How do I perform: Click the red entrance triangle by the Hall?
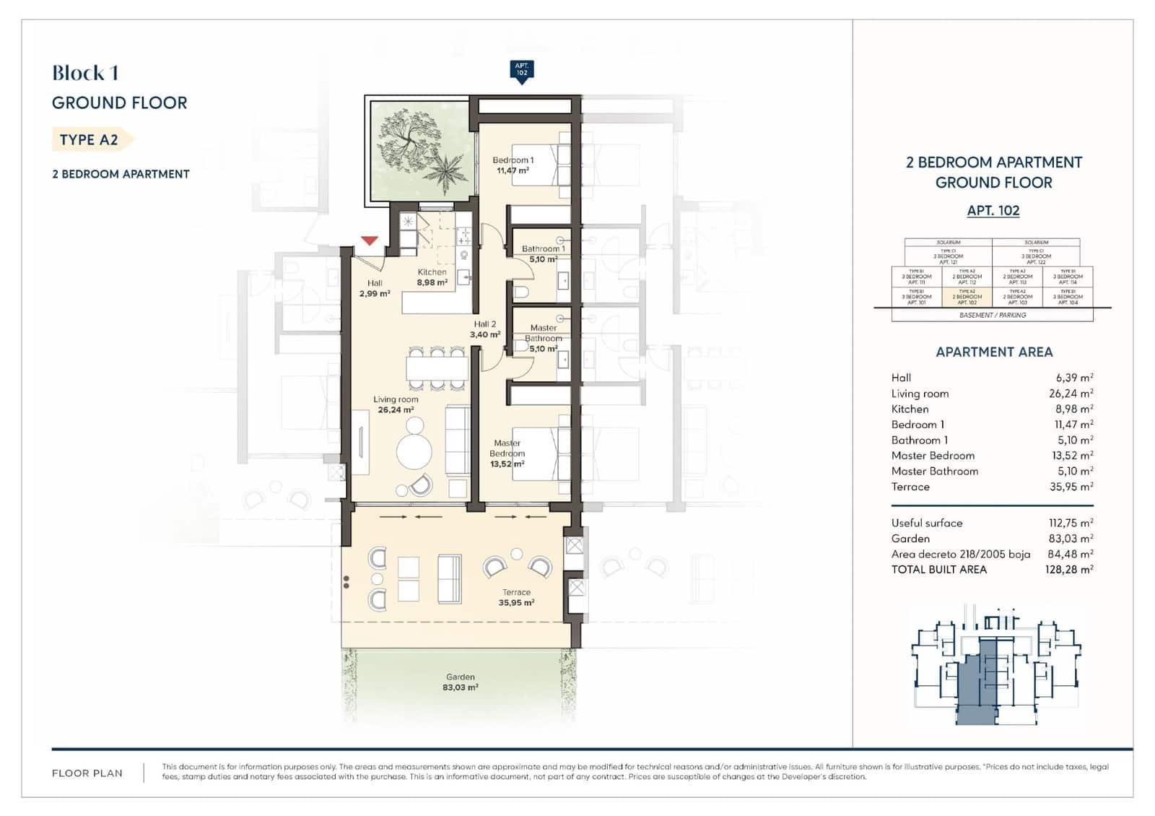tap(370, 240)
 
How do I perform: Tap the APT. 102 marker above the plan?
tap(521, 70)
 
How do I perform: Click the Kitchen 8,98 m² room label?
tap(432, 277)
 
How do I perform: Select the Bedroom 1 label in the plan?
tap(513, 165)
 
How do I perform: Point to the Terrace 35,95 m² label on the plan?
tap(516, 597)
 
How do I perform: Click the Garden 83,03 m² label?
tap(461, 682)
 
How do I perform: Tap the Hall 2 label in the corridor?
tap(485, 329)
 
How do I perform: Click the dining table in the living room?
tap(437, 369)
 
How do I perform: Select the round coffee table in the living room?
tap(414, 451)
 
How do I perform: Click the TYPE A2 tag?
tap(90, 139)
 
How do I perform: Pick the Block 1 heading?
tap(85, 73)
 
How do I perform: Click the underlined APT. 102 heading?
tap(993, 211)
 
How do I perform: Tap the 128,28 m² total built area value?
tap(1071, 570)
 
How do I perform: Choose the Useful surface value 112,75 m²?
tap(1071, 523)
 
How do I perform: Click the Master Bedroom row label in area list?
tap(933, 456)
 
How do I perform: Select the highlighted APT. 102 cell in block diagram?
tap(967, 297)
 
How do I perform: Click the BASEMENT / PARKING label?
tap(993, 316)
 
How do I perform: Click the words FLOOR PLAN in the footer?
tap(87, 773)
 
